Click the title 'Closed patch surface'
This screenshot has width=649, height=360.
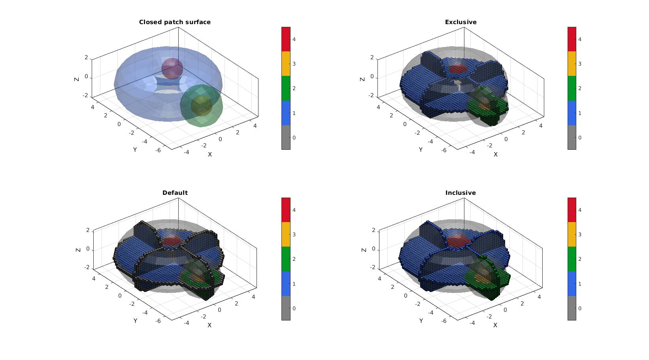175,22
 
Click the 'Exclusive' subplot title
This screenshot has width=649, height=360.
461,22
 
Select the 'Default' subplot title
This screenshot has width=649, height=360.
175,192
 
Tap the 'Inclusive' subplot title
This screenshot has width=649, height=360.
460,192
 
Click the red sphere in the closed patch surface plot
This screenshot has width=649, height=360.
172,68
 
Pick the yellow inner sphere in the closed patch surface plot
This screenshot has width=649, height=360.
201,106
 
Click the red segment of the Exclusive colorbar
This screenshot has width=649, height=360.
572,40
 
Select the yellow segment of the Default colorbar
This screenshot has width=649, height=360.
286,234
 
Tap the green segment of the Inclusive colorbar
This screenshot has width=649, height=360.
572,259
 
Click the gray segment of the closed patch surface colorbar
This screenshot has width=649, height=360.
286,137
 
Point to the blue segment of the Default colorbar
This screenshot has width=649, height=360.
286,284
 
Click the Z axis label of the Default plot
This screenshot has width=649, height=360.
78,250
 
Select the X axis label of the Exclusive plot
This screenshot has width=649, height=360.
495,155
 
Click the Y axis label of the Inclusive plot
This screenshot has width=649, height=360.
421,320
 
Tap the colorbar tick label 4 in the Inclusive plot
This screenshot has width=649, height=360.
580,210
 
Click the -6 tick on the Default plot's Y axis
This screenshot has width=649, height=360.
158,321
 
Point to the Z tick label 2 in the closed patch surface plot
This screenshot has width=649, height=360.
86,57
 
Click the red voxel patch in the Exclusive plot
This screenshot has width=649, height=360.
458,69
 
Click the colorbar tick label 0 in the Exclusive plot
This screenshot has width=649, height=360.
580,138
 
